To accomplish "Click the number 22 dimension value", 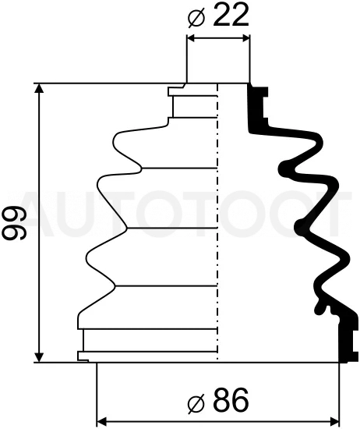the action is coord(230,15).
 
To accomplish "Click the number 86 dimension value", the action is coord(230,401).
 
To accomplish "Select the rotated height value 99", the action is coord(14,222).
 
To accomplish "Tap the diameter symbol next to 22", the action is coord(196,17).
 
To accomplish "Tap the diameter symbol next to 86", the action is coord(196,403).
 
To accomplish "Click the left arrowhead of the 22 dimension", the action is coord(193,38).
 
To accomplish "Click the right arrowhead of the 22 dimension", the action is coord(243,38).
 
